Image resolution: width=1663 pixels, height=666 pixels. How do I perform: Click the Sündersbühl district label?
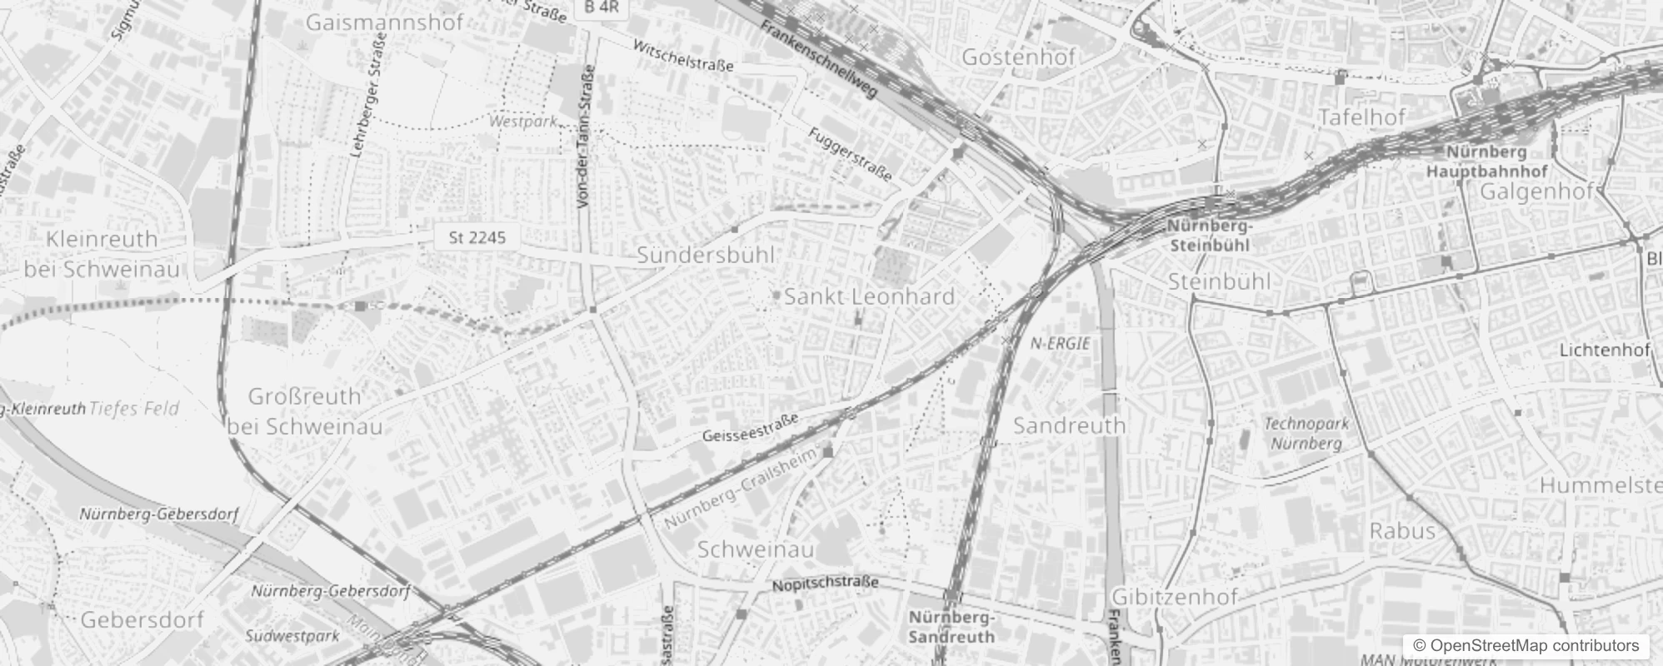click(706, 255)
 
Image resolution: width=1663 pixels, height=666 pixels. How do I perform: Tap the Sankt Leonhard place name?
click(869, 296)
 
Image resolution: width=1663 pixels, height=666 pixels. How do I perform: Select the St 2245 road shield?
click(477, 238)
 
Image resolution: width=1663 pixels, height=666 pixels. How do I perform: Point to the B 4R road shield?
click(602, 7)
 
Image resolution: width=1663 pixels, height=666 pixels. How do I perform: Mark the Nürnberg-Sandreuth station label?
click(951, 627)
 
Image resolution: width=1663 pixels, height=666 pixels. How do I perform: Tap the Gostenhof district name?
click(1018, 57)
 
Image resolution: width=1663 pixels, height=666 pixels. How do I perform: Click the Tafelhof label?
click(1362, 117)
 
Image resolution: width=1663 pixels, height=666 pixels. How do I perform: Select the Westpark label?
click(522, 122)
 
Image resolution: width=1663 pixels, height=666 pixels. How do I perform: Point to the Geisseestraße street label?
click(750, 428)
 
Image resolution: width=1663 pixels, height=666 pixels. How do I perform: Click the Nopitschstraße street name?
click(825, 584)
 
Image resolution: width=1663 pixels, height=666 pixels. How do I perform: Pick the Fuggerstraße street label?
click(851, 154)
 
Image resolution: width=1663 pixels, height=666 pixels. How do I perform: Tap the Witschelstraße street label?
click(683, 55)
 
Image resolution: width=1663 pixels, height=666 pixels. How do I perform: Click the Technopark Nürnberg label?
click(1306, 434)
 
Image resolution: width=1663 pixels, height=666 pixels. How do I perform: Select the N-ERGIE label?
click(1060, 343)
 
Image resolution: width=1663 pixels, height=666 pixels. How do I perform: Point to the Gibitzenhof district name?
click(1175, 596)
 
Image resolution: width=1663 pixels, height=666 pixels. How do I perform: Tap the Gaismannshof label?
click(384, 22)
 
